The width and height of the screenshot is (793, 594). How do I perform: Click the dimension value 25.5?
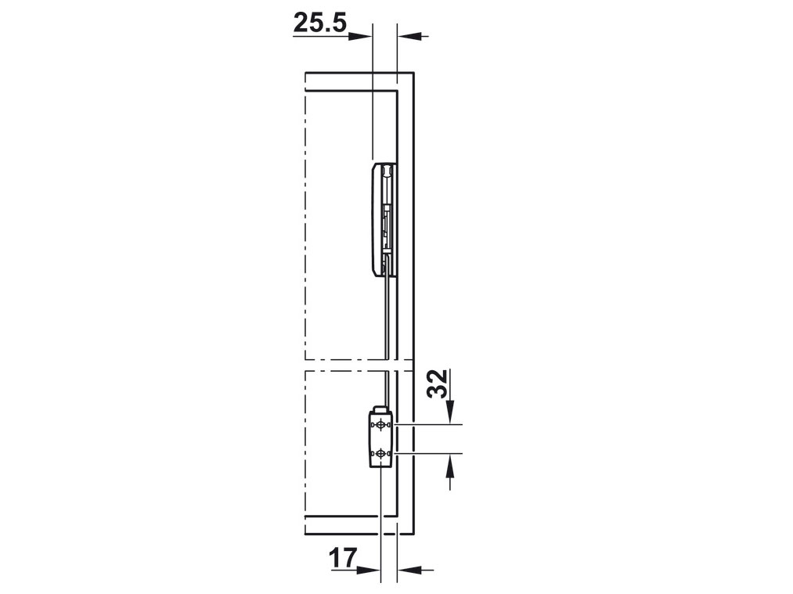(319, 24)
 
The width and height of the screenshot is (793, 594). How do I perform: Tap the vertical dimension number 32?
(442, 383)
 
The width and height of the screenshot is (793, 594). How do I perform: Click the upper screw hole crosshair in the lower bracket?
(380, 425)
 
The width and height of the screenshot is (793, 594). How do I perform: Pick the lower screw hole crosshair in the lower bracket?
(380, 453)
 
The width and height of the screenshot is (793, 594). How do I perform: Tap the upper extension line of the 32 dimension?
(431, 424)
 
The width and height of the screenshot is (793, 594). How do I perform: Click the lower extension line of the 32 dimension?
(431, 453)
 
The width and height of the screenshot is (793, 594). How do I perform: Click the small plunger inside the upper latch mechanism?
(387, 223)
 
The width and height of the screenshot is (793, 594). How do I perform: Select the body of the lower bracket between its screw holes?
(380, 439)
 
